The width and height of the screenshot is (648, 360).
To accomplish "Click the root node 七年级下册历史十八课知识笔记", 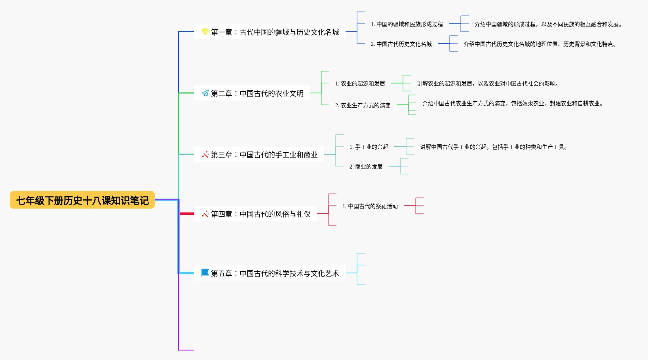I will click(x=82, y=200).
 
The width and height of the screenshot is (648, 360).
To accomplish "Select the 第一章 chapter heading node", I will click(x=275, y=32).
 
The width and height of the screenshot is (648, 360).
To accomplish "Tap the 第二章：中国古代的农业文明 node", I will click(x=257, y=93).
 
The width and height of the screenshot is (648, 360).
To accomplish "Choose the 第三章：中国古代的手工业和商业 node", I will click(x=264, y=155).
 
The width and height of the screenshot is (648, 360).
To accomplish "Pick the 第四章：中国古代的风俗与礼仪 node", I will click(x=260, y=214).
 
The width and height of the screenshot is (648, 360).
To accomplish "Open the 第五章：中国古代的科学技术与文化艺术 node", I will click(x=275, y=273).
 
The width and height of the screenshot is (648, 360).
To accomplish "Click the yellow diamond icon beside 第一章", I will click(x=205, y=32).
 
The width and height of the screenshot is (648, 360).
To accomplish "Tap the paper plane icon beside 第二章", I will click(x=205, y=93).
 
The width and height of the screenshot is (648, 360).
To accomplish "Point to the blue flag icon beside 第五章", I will click(x=205, y=273).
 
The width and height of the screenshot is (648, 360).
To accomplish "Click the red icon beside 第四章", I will click(x=205, y=214).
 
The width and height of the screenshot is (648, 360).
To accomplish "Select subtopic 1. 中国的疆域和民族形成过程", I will click(x=407, y=24).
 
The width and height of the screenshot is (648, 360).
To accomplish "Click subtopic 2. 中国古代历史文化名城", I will click(x=401, y=44).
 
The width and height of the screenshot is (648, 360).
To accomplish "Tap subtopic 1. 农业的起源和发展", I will click(x=360, y=83).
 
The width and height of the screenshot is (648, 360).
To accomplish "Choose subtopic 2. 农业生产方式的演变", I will click(x=363, y=105).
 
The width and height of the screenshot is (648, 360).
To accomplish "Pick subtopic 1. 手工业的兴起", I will click(x=369, y=147).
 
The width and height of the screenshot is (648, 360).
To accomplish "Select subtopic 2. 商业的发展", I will click(x=366, y=167).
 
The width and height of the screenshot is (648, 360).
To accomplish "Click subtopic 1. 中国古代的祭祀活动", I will click(x=370, y=206).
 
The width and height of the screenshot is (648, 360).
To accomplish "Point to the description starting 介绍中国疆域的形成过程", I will click(x=548, y=24).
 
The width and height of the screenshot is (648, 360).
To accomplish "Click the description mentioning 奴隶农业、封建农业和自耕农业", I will click(x=512, y=103).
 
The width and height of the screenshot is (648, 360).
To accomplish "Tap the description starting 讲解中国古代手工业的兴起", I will click(x=493, y=147).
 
